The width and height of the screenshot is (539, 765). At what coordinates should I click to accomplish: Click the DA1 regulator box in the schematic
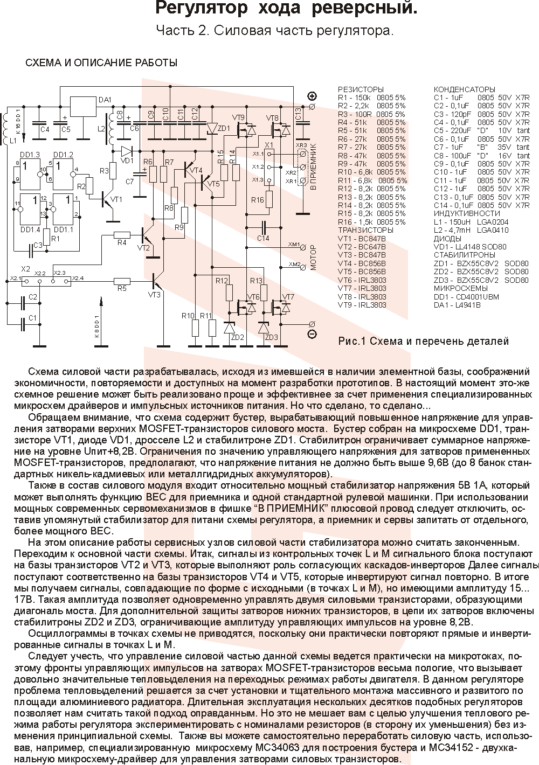click(83, 107)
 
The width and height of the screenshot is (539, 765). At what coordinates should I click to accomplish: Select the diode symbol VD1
click(127, 151)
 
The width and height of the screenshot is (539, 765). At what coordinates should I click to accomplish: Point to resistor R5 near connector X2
click(122, 280)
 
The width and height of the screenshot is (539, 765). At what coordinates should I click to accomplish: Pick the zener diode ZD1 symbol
click(211, 128)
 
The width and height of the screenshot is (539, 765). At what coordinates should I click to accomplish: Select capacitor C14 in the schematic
click(264, 227)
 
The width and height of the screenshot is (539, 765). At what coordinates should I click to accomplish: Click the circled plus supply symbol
click(312, 96)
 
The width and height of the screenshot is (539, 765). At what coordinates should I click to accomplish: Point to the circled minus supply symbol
click(312, 334)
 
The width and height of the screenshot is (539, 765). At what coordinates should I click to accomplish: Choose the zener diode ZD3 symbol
click(264, 328)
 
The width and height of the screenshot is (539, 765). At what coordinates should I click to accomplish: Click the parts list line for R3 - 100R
click(371, 114)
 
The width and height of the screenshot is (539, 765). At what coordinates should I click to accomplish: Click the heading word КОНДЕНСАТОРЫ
click(464, 89)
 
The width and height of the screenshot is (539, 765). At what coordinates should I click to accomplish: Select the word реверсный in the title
click(372, 10)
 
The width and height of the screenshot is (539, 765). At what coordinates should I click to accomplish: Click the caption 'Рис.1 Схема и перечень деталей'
click(423, 341)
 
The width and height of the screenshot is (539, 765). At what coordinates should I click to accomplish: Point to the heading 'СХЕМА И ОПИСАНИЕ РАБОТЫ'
click(102, 63)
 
